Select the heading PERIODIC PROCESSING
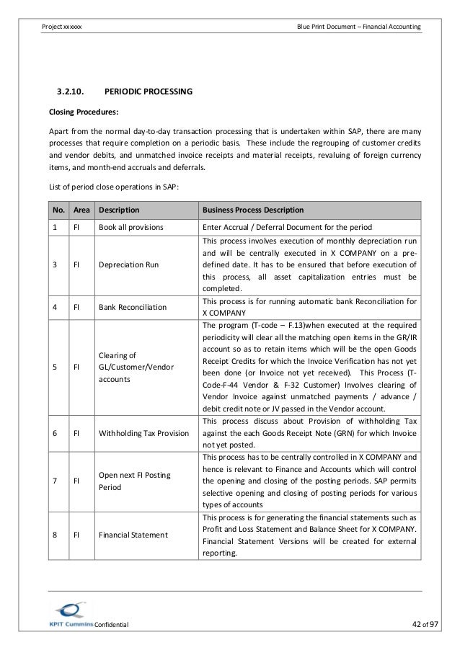[x=148, y=92]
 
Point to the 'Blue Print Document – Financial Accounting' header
[x=359, y=27]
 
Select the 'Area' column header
[x=81, y=210]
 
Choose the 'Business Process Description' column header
[x=253, y=210]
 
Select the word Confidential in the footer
[x=111, y=624]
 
